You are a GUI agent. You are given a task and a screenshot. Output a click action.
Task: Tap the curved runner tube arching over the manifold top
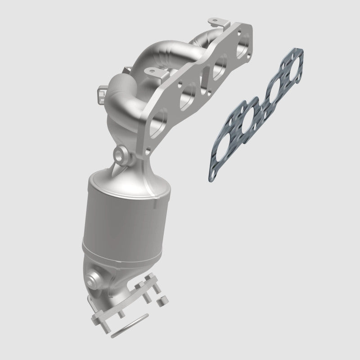148,54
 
